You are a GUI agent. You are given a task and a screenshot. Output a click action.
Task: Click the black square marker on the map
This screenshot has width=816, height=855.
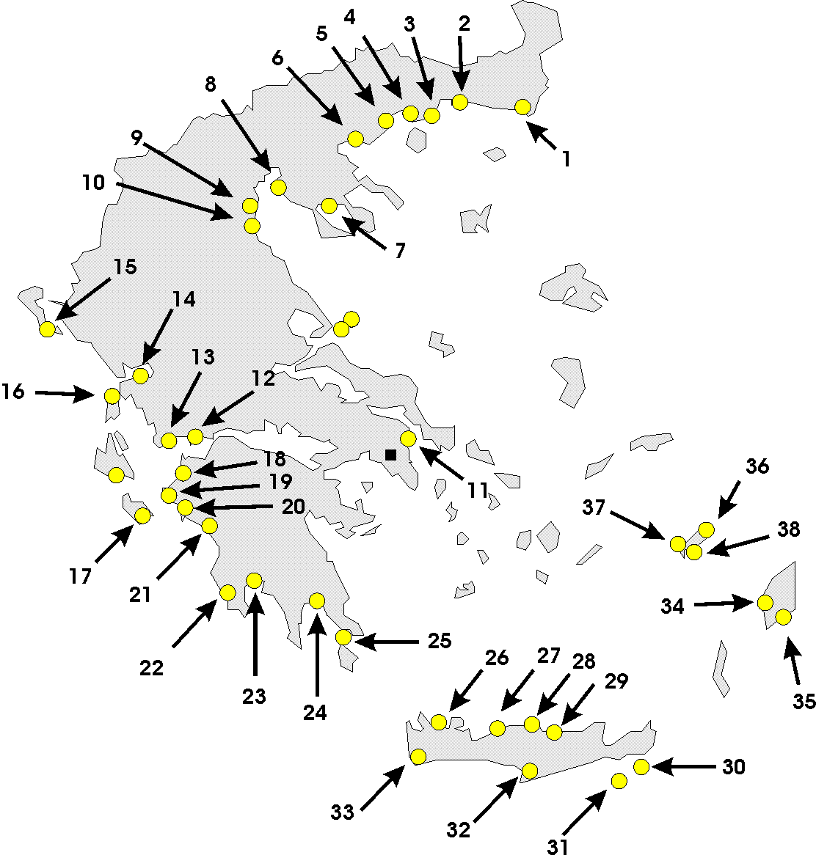click(390, 455)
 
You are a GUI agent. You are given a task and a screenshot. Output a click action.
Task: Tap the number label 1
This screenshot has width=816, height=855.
click(565, 158)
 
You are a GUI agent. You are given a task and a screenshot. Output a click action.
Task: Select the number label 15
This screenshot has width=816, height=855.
click(125, 266)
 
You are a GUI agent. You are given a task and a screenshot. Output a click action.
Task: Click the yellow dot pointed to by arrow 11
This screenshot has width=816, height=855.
click(409, 438)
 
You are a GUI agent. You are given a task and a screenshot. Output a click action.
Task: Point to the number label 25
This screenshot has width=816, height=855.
click(440, 640)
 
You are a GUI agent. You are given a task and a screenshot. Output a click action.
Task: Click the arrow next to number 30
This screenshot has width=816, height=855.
click(683, 767)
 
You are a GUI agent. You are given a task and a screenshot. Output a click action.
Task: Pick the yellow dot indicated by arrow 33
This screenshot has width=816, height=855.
click(418, 756)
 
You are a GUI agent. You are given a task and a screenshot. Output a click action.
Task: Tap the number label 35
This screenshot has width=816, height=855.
click(804, 700)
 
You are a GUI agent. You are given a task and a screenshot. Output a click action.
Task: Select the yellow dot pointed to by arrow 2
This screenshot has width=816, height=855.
click(459, 102)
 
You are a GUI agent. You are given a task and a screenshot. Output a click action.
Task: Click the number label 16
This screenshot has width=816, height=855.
click(13, 392)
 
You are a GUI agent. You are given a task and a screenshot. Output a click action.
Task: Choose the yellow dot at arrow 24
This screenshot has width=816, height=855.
click(317, 601)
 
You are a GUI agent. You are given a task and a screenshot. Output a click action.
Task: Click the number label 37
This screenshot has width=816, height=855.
click(595, 506)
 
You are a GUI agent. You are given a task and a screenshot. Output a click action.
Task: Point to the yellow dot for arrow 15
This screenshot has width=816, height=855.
click(48, 329)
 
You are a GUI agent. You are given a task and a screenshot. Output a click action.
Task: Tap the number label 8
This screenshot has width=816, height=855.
click(211, 84)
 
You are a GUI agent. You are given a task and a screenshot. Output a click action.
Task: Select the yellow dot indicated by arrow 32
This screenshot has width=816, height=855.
click(529, 771)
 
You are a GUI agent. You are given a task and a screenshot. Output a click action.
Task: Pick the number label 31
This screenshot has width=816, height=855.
click(558, 846)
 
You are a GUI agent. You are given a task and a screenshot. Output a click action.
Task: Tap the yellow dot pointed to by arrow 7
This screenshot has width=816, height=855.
click(329, 205)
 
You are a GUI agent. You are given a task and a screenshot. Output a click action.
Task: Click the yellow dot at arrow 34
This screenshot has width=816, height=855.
click(765, 603)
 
